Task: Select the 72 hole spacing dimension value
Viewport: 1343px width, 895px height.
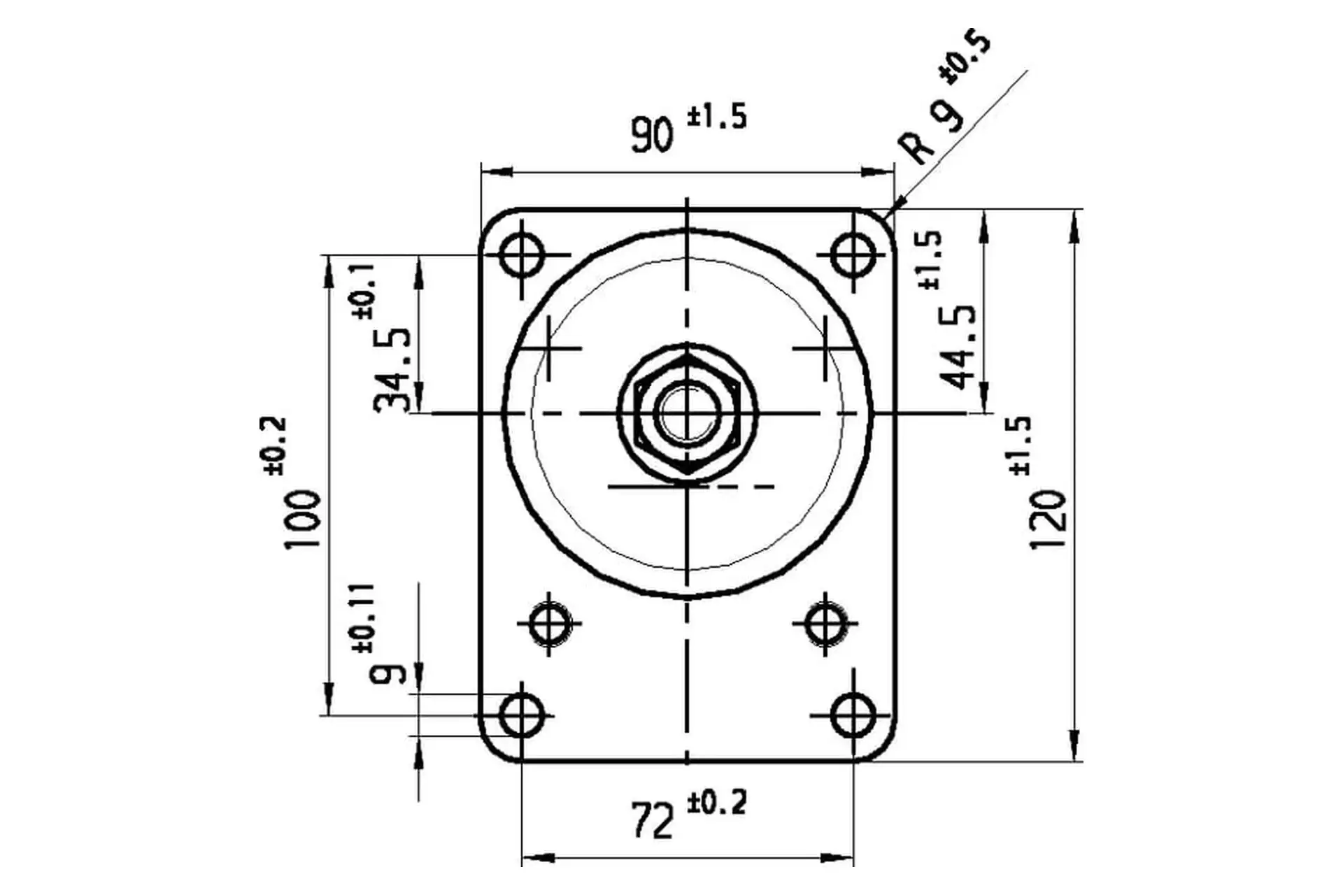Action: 653,820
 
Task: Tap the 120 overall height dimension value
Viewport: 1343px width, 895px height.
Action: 1049,520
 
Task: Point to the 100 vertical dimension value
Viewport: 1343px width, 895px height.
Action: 303,519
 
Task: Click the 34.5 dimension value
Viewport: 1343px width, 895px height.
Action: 393,369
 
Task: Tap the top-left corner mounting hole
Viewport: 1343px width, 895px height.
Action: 522,255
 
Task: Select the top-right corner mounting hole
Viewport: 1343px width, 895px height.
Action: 853,255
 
